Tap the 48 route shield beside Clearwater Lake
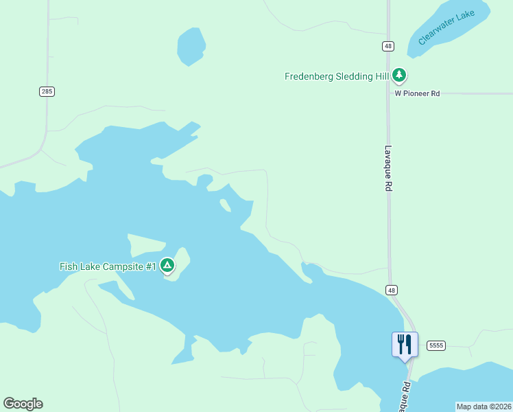pos(388,46)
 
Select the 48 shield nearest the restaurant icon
pos(391,290)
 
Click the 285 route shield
pos(47,91)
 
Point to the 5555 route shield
pos(436,345)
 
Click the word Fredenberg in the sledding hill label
pos(308,76)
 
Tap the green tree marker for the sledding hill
pos(399,76)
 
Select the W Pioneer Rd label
pos(417,93)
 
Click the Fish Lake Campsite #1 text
pos(108,266)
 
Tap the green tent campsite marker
pos(167,266)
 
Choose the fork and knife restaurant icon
pos(404,344)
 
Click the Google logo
pos(23,404)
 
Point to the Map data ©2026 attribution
pos(484,407)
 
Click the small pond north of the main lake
pos(191,47)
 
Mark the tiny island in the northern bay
pos(225,205)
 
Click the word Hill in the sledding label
pos(379,76)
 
